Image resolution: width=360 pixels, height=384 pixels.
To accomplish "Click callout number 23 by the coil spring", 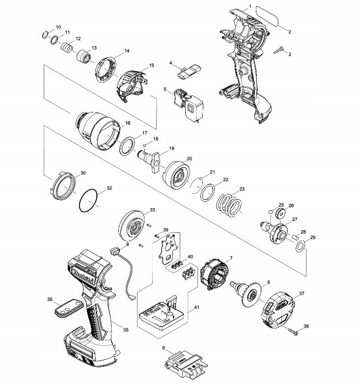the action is pos(242,189).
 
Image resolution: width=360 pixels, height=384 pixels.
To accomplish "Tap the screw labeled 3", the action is pos(278,50).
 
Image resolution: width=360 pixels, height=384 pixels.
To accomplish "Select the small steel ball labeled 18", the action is pos(145,145).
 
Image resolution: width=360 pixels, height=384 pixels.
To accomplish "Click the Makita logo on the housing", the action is pos(83,275).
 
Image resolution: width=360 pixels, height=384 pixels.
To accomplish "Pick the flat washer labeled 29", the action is pos(301,246).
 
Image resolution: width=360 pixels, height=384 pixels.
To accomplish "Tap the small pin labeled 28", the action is pos(295,237).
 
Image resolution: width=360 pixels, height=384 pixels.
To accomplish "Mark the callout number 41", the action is pos(196,307).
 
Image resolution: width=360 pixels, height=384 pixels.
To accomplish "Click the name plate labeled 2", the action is pos(268,16).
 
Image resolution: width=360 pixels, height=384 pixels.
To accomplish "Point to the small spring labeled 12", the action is pos(67,47).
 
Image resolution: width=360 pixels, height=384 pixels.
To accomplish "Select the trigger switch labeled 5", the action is pos(188,106).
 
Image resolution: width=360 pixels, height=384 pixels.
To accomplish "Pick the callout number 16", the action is pos(128,123).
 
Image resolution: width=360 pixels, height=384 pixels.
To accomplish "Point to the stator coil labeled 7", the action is pos(214,275).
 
